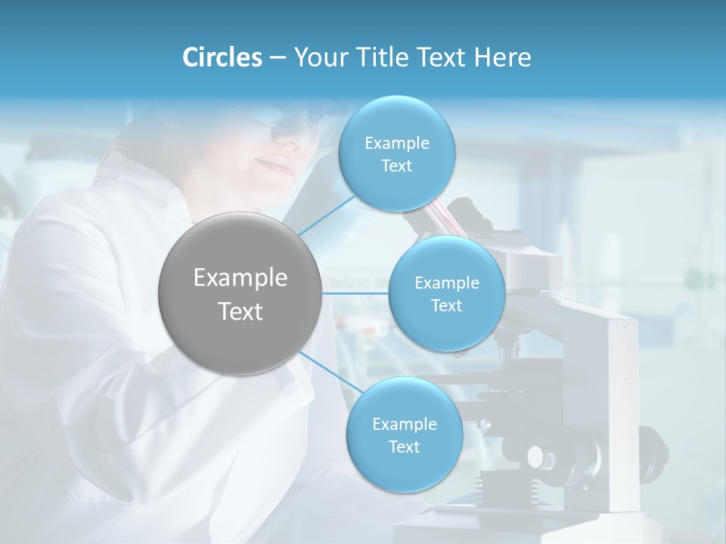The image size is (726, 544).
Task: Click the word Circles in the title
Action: tap(222, 57)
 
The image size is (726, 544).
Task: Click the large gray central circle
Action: tap(240, 293)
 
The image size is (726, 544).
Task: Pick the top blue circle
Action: tap(396, 154)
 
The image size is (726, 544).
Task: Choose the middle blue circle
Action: tap(446, 293)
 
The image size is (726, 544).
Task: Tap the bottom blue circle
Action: tap(404, 434)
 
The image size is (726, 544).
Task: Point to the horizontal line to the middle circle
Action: tap(355, 293)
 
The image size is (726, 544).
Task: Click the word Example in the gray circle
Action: tap(240, 278)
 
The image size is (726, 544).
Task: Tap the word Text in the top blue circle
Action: tap(396, 166)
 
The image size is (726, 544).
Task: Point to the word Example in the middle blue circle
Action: tap(446, 283)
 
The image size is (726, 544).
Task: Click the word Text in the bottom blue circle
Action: tap(404, 447)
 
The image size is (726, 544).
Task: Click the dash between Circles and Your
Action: tap(277, 58)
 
